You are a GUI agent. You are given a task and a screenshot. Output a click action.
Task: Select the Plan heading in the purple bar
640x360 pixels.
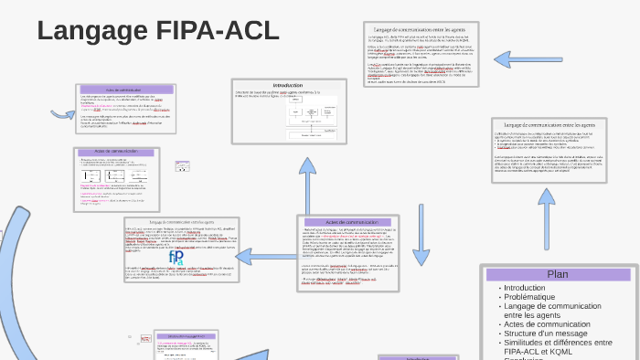point(558,274)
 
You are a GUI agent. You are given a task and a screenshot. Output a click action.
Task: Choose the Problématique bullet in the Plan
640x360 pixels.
point(530,297)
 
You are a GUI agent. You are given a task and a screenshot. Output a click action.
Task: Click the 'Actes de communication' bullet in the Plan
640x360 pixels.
point(549,324)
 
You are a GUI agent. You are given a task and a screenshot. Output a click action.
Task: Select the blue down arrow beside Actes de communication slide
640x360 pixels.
point(421,246)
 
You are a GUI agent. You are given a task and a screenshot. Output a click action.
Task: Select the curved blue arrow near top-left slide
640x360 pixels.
point(63,114)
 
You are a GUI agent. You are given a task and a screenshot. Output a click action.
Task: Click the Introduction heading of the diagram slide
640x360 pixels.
point(287,85)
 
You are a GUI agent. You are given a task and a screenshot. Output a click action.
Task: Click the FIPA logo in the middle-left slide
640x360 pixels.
point(176,258)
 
